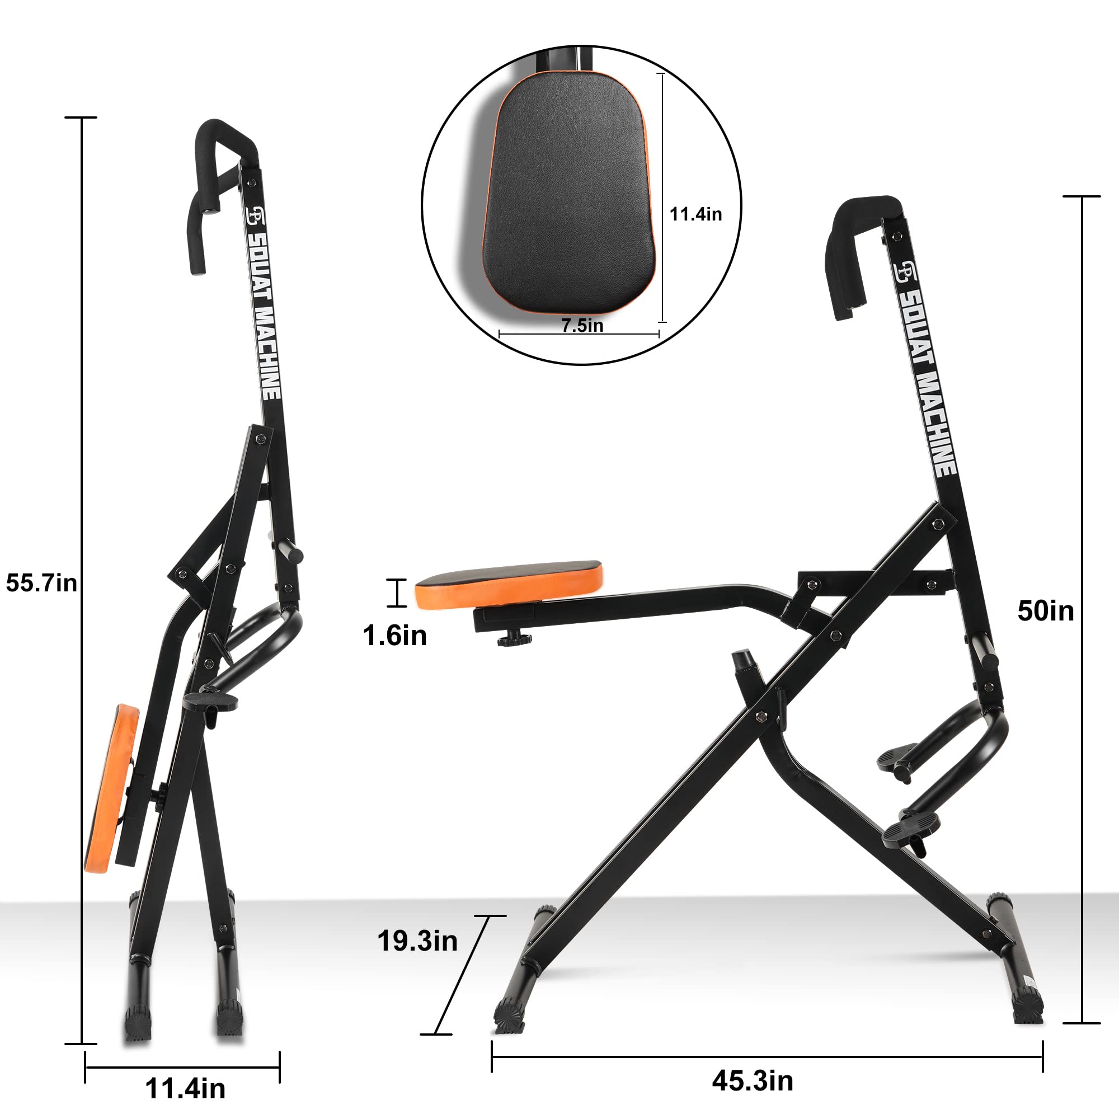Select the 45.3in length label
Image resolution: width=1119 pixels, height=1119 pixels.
(x=753, y=1081)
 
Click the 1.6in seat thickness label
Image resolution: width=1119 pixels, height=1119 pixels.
(x=394, y=636)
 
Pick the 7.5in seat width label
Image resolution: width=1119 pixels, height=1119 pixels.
(x=582, y=326)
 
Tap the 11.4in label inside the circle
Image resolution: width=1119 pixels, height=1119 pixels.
(x=695, y=214)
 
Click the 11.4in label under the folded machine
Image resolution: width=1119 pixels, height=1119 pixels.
(x=185, y=1089)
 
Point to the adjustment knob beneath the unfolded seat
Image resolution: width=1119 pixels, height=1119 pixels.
(x=514, y=640)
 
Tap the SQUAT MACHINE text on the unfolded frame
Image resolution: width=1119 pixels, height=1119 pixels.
(x=927, y=382)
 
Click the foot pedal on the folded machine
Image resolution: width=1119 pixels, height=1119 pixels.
(x=211, y=702)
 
